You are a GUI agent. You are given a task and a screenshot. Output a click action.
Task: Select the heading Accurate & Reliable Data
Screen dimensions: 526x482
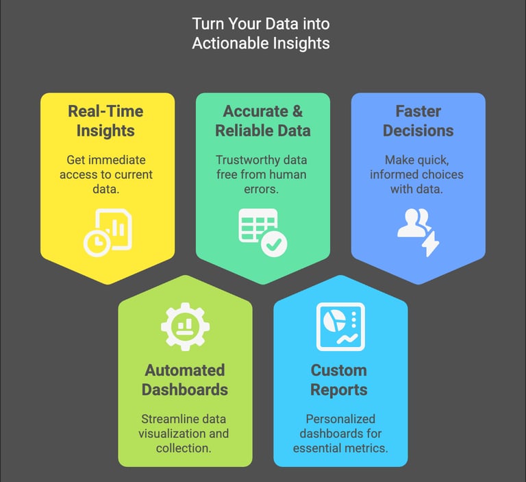[x=262, y=121]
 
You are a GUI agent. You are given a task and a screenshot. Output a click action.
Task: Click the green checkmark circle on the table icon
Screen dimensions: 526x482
[x=275, y=243]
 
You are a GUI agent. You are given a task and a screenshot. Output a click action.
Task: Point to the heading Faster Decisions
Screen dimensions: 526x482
[x=417, y=121]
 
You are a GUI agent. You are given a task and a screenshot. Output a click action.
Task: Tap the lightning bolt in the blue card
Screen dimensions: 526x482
[x=430, y=243]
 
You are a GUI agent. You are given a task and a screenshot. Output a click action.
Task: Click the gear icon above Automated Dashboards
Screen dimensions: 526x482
[x=185, y=325]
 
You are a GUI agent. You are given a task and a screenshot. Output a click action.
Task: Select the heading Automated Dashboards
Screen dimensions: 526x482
[x=185, y=380]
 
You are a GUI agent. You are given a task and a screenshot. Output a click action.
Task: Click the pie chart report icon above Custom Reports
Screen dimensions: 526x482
[x=340, y=326]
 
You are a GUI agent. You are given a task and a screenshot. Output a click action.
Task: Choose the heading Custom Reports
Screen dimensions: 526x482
[x=339, y=380]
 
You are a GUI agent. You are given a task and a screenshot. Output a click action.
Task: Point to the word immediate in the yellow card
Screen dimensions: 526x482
[x=122, y=160]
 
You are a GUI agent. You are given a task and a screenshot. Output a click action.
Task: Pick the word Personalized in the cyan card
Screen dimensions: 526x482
[x=340, y=419]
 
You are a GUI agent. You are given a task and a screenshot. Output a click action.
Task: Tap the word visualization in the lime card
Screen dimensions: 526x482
[x=171, y=433]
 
